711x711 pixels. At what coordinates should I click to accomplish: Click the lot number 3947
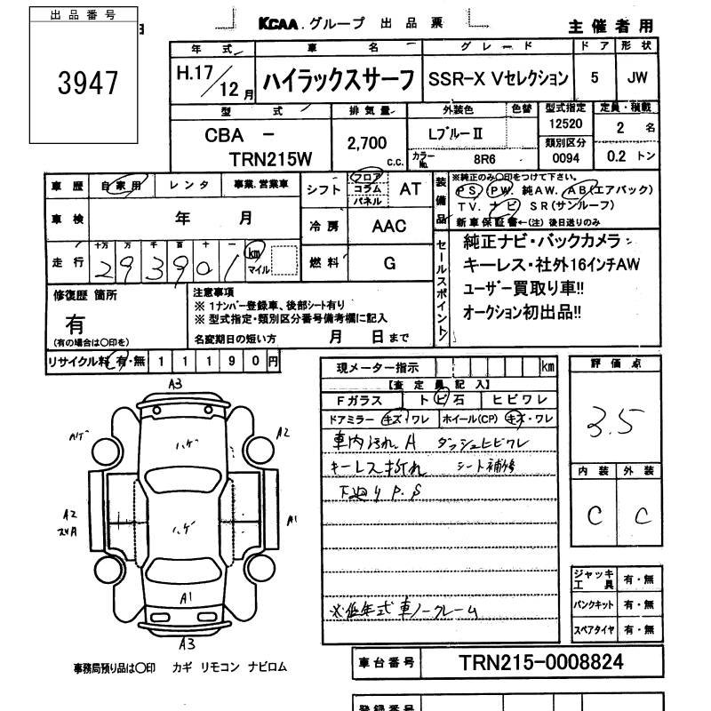point(88,84)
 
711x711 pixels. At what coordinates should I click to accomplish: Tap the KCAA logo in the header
point(283,26)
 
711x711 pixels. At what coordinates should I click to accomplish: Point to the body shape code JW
point(636,77)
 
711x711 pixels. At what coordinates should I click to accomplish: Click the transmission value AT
point(411,188)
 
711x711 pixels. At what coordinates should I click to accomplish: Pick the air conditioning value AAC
point(388,226)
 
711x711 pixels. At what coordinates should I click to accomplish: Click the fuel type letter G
point(389,263)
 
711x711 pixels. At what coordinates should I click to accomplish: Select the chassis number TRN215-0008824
point(541,662)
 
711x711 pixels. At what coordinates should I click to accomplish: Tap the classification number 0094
point(565,158)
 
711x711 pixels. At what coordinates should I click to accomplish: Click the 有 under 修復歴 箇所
point(76,325)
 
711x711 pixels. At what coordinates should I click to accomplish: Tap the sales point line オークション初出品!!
point(523,312)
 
